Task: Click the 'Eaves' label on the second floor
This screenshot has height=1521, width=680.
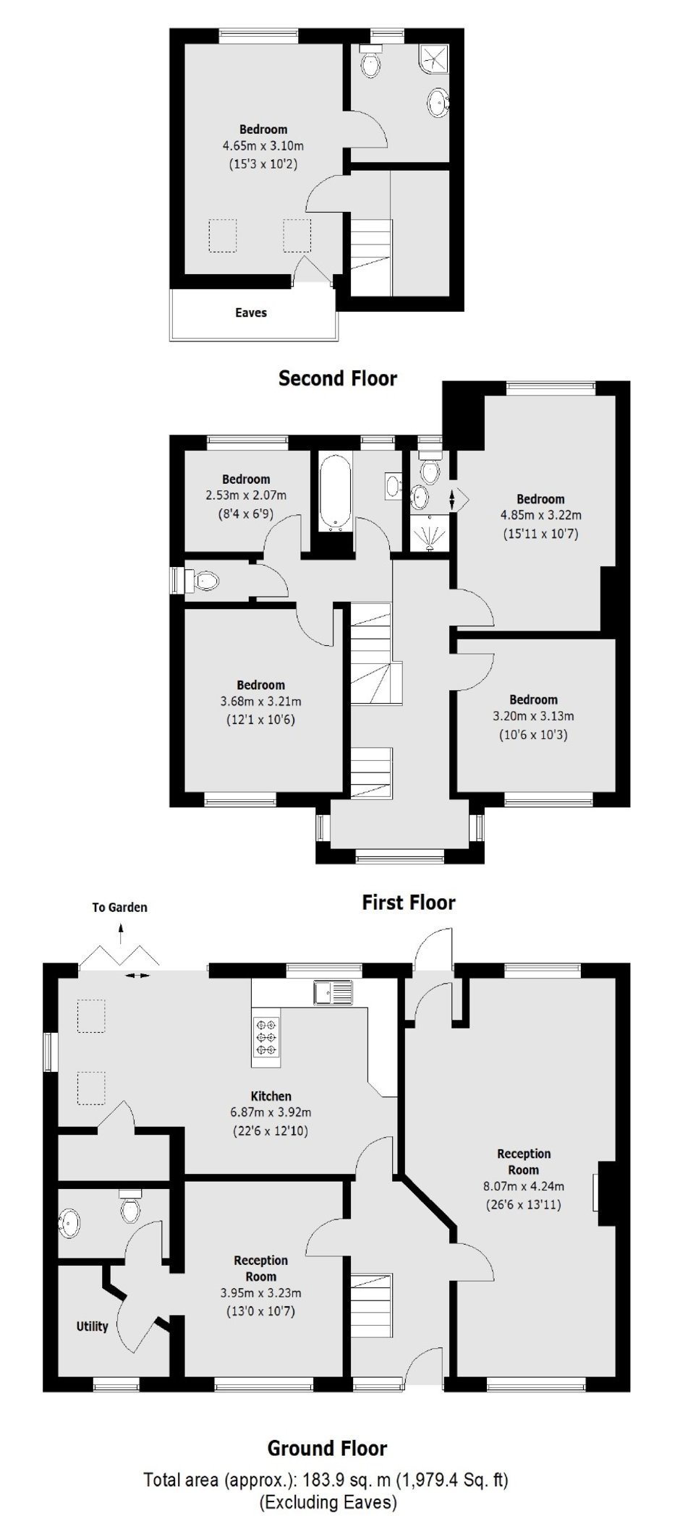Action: [x=251, y=313]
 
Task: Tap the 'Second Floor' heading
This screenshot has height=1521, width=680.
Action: [x=338, y=378]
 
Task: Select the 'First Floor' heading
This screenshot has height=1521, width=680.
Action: [x=409, y=903]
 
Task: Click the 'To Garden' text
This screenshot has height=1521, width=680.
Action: [x=119, y=908]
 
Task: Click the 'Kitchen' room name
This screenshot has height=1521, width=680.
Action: [x=271, y=1096]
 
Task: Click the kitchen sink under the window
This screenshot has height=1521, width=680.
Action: [x=333, y=992]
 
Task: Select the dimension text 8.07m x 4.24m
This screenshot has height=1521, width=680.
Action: [x=524, y=1186]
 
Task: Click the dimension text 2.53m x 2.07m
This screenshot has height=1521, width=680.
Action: [x=246, y=495]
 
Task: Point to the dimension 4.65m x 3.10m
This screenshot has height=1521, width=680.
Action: [x=263, y=146]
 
